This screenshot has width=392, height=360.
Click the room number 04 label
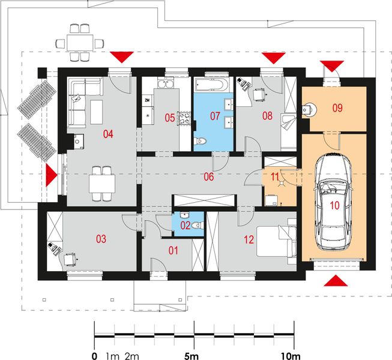(x=109, y=134)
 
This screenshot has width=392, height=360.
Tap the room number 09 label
(x=337, y=108)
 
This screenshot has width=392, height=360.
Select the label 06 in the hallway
(x=209, y=177)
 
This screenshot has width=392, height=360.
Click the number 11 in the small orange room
(x=276, y=177)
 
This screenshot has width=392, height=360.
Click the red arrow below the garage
(x=337, y=280)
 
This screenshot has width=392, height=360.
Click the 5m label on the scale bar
(x=192, y=355)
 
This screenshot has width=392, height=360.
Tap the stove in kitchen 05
(x=185, y=118)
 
